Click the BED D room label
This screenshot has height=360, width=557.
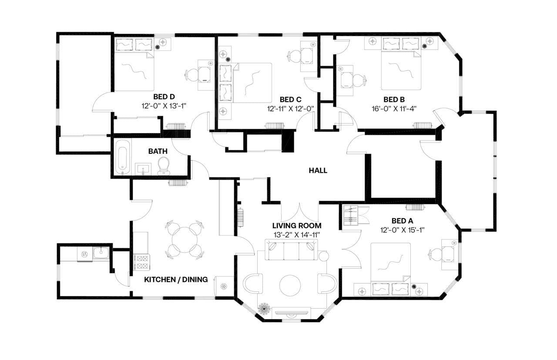coord(164,97)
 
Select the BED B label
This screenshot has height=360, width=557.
coord(394,99)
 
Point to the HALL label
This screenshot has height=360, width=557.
coord(318,170)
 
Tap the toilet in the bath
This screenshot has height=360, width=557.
coord(163,166)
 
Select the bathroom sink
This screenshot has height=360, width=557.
coord(143,169)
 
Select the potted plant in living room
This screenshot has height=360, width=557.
coord(263,308)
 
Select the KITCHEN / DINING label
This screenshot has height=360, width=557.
coord(176,280)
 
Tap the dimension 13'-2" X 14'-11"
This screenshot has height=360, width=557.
coord(296,235)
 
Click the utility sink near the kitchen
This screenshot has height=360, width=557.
coord(102,253)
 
